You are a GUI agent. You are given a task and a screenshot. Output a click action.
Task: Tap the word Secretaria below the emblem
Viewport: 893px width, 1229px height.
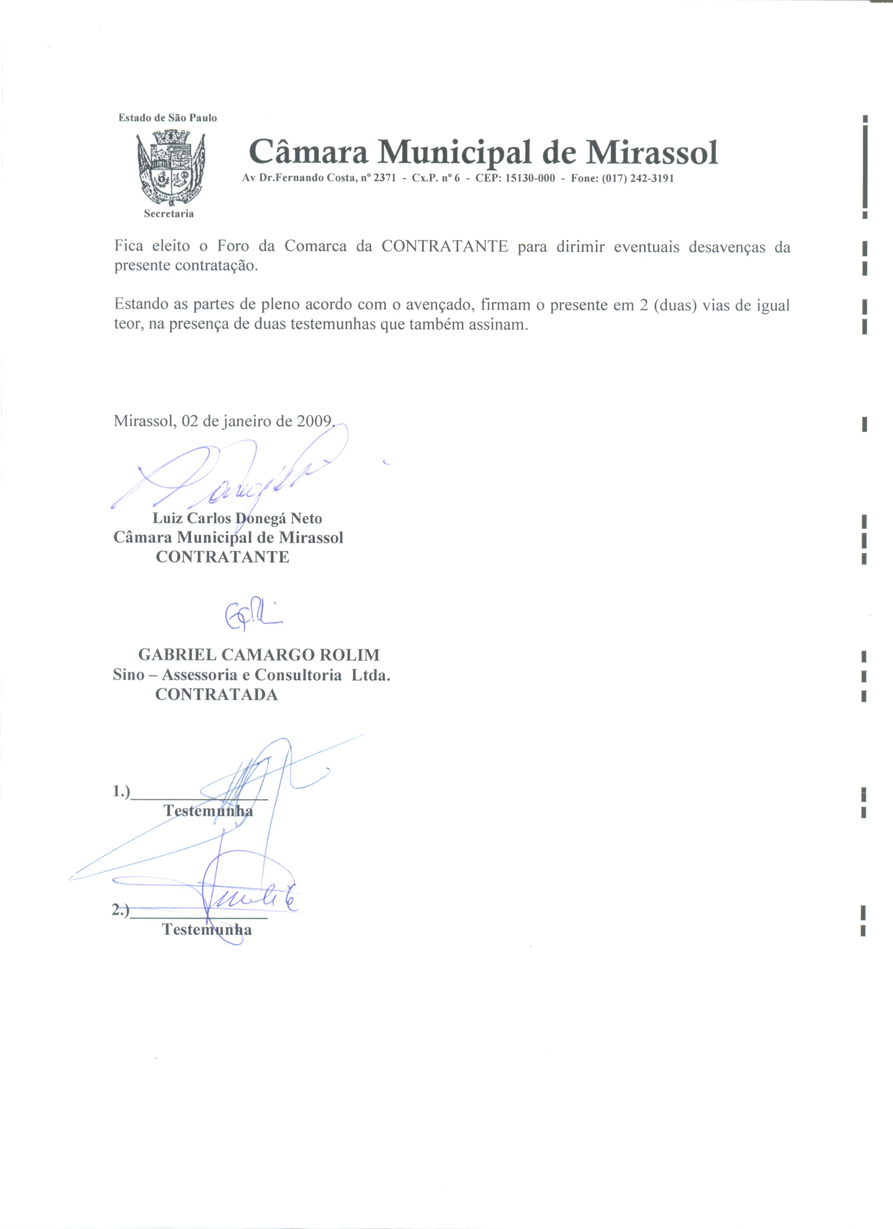click(168, 214)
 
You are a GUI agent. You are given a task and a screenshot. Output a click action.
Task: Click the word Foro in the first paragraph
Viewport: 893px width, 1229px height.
click(233, 247)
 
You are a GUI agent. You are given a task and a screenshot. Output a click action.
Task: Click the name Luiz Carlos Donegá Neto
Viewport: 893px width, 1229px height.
click(237, 519)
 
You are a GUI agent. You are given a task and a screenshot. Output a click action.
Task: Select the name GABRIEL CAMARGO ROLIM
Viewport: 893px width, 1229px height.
click(259, 655)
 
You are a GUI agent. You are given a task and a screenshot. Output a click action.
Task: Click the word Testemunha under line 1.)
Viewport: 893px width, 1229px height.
click(208, 811)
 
